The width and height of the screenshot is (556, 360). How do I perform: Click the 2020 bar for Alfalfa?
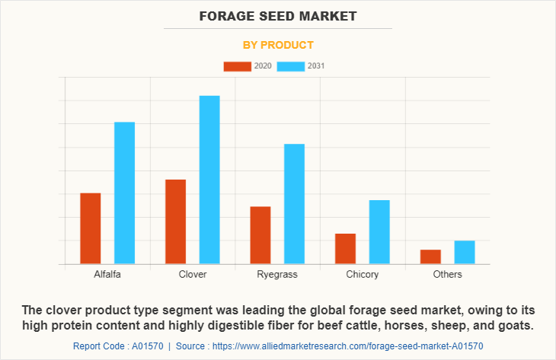click(x=91, y=228)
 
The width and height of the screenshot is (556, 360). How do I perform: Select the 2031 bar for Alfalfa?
click(x=125, y=193)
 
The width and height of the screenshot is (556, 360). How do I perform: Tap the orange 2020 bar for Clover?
click(x=175, y=221)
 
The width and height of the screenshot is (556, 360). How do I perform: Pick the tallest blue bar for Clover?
click(x=209, y=180)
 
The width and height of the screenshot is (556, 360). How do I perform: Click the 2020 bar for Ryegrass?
click(x=260, y=235)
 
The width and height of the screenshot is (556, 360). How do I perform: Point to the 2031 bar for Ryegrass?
click(x=295, y=204)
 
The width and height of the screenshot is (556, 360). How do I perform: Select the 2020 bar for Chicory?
click(x=345, y=249)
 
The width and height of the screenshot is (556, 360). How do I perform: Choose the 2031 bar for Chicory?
click(x=379, y=232)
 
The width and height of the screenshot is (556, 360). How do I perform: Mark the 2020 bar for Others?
click(x=430, y=256)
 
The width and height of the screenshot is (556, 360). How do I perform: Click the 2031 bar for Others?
click(x=465, y=253)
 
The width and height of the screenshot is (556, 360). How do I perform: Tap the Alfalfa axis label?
click(x=107, y=274)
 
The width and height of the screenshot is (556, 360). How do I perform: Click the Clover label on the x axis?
click(x=193, y=274)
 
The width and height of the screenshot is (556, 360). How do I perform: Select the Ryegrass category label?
click(x=277, y=274)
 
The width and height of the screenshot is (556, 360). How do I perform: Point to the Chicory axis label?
click(x=363, y=274)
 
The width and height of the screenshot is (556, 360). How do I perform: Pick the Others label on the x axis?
click(x=447, y=274)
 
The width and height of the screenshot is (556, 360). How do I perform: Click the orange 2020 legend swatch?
click(x=237, y=66)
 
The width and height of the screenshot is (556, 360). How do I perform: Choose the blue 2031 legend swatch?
click(x=291, y=66)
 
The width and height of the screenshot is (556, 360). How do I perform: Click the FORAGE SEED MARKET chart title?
click(x=278, y=15)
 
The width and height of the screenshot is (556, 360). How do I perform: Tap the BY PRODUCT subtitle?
click(x=278, y=45)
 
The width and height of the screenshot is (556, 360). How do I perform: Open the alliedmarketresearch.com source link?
click(x=347, y=346)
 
